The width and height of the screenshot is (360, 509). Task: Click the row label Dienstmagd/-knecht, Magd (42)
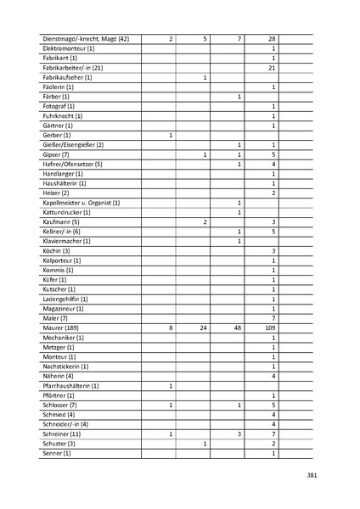coord(85,39)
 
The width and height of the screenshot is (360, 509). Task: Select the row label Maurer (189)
coord(60,327)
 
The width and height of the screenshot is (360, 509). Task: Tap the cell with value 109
coord(273,327)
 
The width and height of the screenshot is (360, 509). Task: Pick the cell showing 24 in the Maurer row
coord(205,327)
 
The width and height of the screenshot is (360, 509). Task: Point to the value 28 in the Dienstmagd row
coord(273,39)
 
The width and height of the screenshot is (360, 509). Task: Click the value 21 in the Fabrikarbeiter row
coord(273,68)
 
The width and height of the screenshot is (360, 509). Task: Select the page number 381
coord(312,475)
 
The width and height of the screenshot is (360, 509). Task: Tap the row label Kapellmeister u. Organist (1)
coord(81,203)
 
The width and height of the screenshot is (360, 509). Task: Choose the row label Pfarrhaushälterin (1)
coord(70,386)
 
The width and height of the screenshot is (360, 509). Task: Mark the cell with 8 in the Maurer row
coord(171,327)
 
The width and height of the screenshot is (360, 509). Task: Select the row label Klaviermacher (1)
coord(65,241)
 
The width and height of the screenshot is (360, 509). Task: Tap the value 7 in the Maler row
coord(273,317)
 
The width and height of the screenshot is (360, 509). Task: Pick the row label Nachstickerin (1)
coord(65,366)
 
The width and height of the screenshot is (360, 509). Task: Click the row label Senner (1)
coord(57,453)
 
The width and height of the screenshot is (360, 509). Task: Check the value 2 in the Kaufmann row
coord(205,221)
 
